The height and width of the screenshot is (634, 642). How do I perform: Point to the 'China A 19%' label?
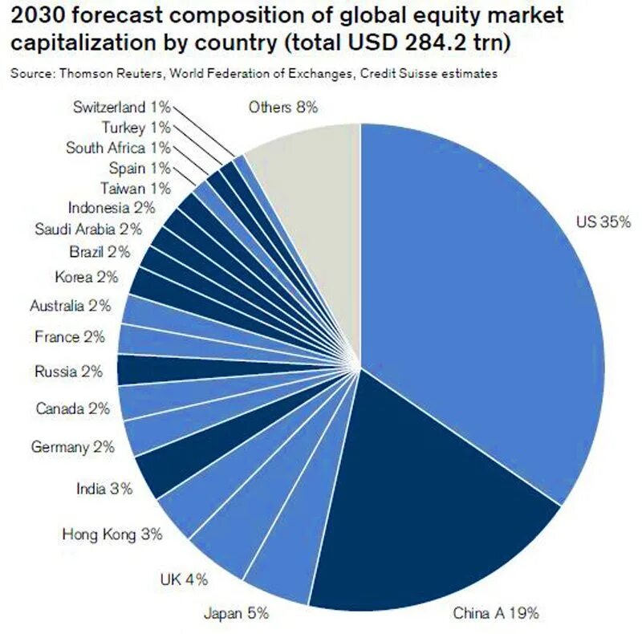pyautogui.click(x=496, y=614)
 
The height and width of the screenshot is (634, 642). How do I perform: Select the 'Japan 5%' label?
pyautogui.click(x=235, y=614)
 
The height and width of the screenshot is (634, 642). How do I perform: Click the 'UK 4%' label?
pyautogui.click(x=184, y=579)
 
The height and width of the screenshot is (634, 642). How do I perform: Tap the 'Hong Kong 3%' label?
pyautogui.click(x=112, y=533)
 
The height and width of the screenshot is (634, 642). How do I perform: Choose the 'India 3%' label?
pyautogui.click(x=104, y=488)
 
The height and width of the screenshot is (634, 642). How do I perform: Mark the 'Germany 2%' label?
pyautogui.click(x=72, y=447)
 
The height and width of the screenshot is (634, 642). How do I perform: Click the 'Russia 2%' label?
pyautogui.click(x=69, y=372)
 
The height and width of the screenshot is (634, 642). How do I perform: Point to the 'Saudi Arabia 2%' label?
pyautogui.click(x=88, y=229)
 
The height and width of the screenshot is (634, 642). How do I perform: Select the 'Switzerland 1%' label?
pyautogui.click(x=121, y=107)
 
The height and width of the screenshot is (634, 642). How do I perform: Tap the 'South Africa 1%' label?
pyautogui.click(x=117, y=148)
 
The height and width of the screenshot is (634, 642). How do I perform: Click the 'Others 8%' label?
pyautogui.click(x=283, y=107)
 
